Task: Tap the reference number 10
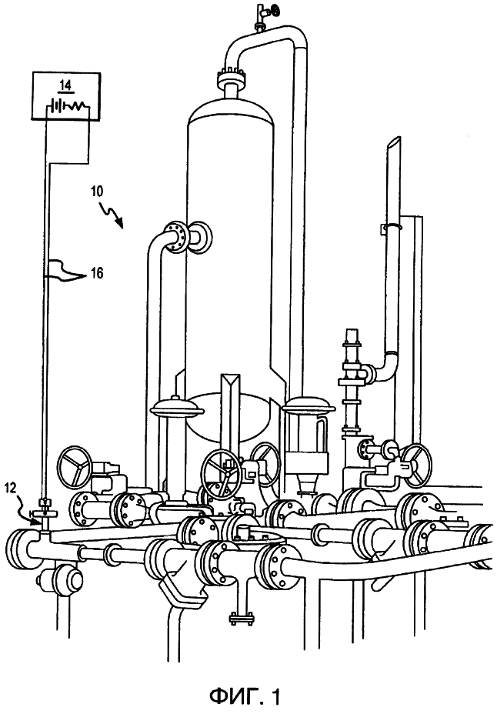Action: [96, 190]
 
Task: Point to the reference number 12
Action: [11, 489]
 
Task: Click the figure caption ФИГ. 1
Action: [245, 696]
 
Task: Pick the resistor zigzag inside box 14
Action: [74, 106]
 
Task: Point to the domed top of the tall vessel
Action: [231, 110]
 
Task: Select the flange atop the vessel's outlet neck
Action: [232, 75]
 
